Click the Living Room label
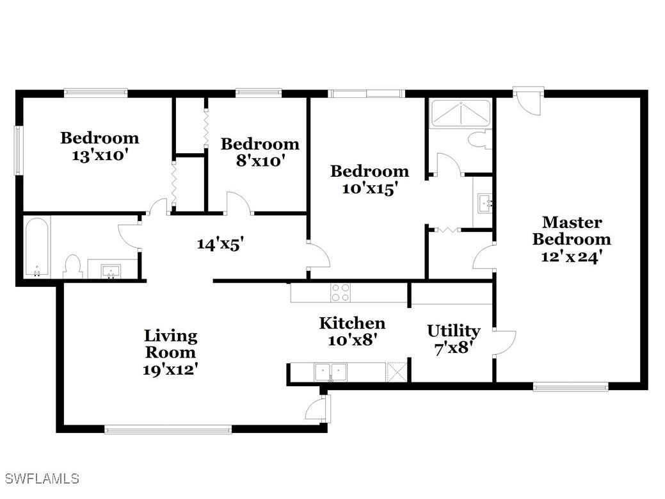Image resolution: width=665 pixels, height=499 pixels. (170, 343)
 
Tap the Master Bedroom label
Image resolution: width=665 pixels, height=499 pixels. (572, 231)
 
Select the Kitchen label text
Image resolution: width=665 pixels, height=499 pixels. (352, 323)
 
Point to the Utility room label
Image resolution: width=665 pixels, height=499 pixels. (453, 331)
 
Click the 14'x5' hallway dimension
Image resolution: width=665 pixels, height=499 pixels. (221, 243)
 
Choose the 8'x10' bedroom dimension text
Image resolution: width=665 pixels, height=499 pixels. (260, 160)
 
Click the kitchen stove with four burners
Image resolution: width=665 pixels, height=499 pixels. (341, 292)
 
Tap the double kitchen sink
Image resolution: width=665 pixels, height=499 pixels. (330, 371)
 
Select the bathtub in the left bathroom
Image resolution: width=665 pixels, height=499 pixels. (37, 247)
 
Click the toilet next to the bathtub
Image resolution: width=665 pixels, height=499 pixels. (74, 266)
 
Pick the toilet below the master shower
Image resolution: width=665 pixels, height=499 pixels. (479, 140)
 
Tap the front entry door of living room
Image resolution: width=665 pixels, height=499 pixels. (318, 409)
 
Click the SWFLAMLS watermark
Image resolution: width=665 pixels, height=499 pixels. (42, 479)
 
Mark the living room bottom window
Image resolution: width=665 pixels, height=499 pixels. (168, 430)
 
